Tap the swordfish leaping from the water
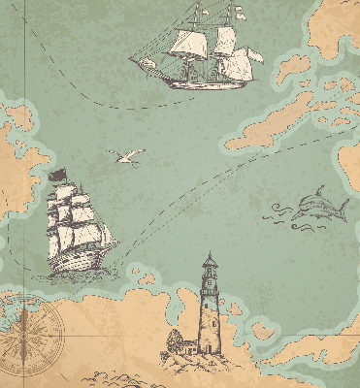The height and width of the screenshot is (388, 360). point(315,206)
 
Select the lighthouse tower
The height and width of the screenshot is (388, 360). point(209,310)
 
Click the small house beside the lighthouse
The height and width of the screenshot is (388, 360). point(176,340)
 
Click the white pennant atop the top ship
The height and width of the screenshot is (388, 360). point(239,14)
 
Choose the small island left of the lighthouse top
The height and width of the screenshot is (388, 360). point(147,279)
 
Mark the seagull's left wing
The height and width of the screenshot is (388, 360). point(118,153)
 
